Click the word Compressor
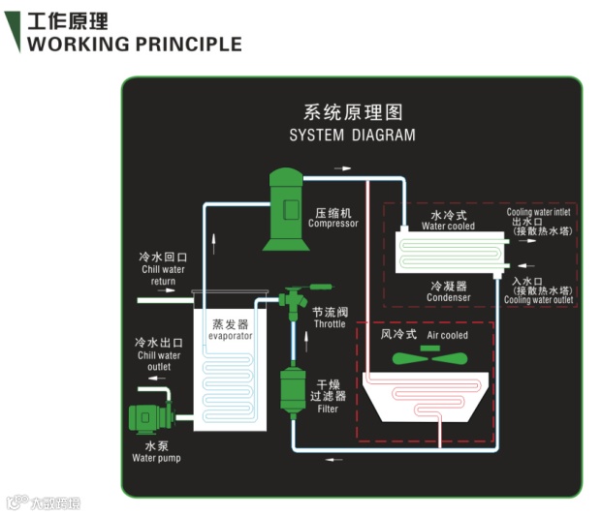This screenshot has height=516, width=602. tap(333, 224)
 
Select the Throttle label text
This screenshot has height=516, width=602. tap(330, 324)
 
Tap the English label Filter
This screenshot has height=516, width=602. tap(327, 410)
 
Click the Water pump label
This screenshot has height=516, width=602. tap(156, 458)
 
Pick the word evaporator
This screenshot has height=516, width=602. tap(231, 335)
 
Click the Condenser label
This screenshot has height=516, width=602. tap(448, 298)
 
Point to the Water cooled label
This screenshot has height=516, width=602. tap(448, 227)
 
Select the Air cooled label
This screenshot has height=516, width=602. tap(448, 336)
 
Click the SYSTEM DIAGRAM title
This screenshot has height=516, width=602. tap(352, 136)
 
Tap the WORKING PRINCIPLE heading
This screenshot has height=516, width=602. tap(135, 44)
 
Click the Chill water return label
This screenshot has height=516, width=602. tap(163, 276)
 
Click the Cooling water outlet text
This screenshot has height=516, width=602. tap(538, 300)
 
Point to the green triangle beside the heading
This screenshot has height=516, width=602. tap(13, 31)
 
